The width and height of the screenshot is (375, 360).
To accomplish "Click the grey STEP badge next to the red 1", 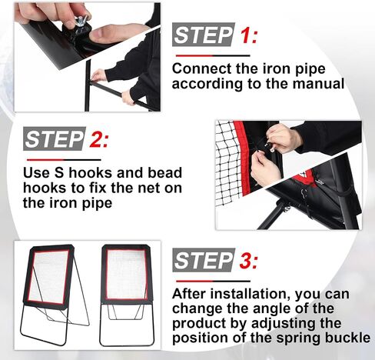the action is click(x=204, y=35).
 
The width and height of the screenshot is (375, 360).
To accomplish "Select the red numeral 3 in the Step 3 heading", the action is click(x=247, y=260).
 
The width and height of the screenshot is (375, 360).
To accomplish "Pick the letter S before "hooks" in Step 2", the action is click(x=59, y=172).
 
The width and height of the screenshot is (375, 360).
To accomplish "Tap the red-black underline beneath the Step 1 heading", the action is click(x=213, y=55).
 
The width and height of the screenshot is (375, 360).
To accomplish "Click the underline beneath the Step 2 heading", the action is click(x=64, y=160).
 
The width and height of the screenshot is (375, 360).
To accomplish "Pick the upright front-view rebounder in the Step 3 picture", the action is click(x=127, y=295).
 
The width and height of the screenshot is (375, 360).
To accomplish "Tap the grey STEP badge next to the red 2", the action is click(x=55, y=138).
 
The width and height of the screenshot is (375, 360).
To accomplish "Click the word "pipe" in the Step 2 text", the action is click(x=97, y=204).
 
